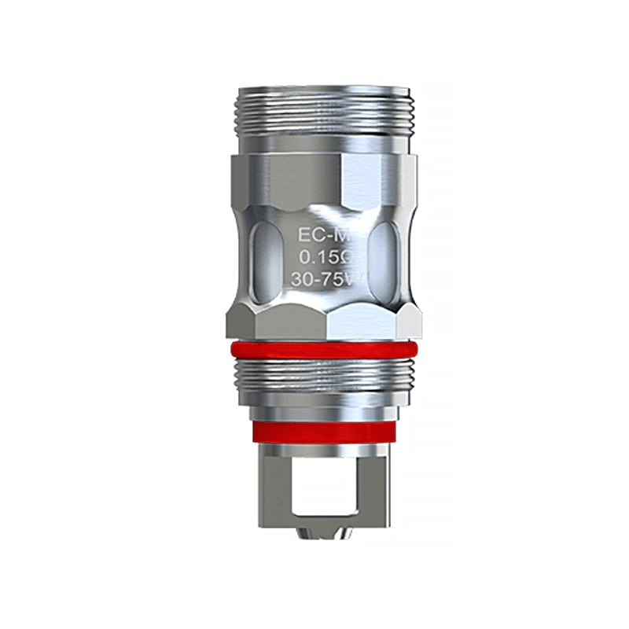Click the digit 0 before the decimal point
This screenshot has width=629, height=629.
point(303,256)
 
